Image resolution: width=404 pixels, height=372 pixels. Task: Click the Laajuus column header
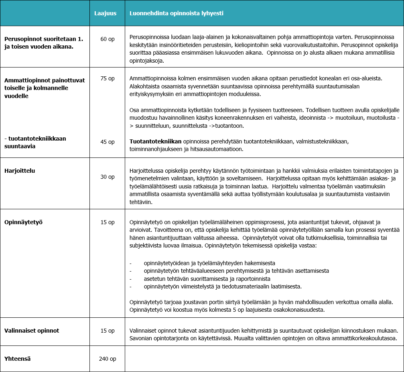point(105,13)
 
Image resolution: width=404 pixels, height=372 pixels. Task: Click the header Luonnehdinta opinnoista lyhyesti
point(176,13)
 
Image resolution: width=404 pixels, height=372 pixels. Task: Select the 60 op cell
point(108,39)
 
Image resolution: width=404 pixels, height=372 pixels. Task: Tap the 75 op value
point(108,78)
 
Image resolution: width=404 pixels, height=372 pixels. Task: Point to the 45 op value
point(108,142)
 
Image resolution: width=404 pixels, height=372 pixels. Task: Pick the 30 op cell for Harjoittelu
point(108,177)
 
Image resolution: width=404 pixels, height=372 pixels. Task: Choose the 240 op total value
point(108,359)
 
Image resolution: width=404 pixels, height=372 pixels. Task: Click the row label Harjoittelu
point(20,171)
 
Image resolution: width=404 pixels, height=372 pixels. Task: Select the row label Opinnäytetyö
point(23,222)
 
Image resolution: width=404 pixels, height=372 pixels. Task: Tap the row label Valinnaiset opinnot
point(32,331)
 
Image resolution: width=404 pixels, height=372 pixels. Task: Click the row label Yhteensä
point(18,359)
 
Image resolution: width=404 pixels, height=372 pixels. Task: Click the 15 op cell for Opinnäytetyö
point(108,222)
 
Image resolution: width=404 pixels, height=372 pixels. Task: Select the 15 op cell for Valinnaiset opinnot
point(108,331)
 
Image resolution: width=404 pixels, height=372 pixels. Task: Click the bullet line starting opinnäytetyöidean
point(209,263)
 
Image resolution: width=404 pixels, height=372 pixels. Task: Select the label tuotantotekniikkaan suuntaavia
point(35,142)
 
